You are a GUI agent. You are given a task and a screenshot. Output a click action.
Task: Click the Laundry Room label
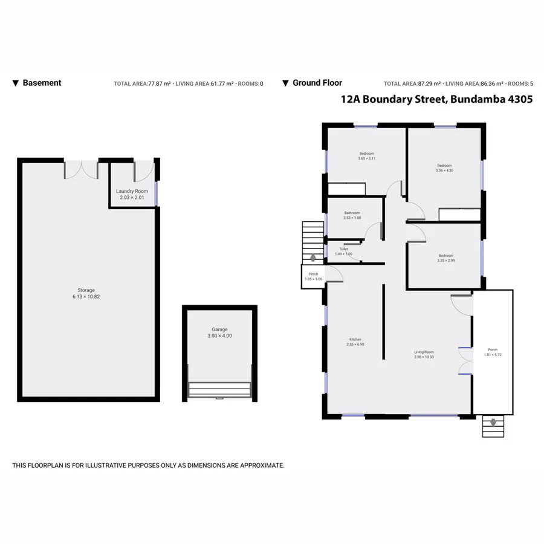pyautogui.click(x=132, y=191)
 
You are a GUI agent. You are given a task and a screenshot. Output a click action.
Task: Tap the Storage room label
pyautogui.click(x=86, y=290)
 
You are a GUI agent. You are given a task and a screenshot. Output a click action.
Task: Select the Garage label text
pyautogui.click(x=219, y=329)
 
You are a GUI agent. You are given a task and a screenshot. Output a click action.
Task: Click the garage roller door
pyautogui.click(x=219, y=389)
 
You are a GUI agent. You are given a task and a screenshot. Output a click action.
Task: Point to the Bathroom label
pyautogui.click(x=352, y=213)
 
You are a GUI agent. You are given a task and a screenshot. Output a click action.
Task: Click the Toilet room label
pyautogui.click(x=343, y=249)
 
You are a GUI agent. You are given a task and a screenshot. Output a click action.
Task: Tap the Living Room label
pyautogui.click(x=424, y=352)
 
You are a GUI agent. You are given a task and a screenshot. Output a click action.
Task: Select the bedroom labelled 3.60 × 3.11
pyautogui.click(x=367, y=154)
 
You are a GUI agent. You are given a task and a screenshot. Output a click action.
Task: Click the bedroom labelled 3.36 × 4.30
pyautogui.click(x=444, y=166)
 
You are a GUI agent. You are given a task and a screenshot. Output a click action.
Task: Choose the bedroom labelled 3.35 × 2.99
pyautogui.click(x=445, y=256)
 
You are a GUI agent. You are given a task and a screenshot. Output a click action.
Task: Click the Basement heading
pyautogui.click(x=42, y=83)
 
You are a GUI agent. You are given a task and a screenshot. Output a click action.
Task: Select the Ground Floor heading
pyautogui.click(x=317, y=83)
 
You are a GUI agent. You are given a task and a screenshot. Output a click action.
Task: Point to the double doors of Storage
pyautogui.click(x=81, y=169)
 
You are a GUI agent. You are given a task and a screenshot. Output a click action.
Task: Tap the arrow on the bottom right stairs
pyautogui.click(x=494, y=423)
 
